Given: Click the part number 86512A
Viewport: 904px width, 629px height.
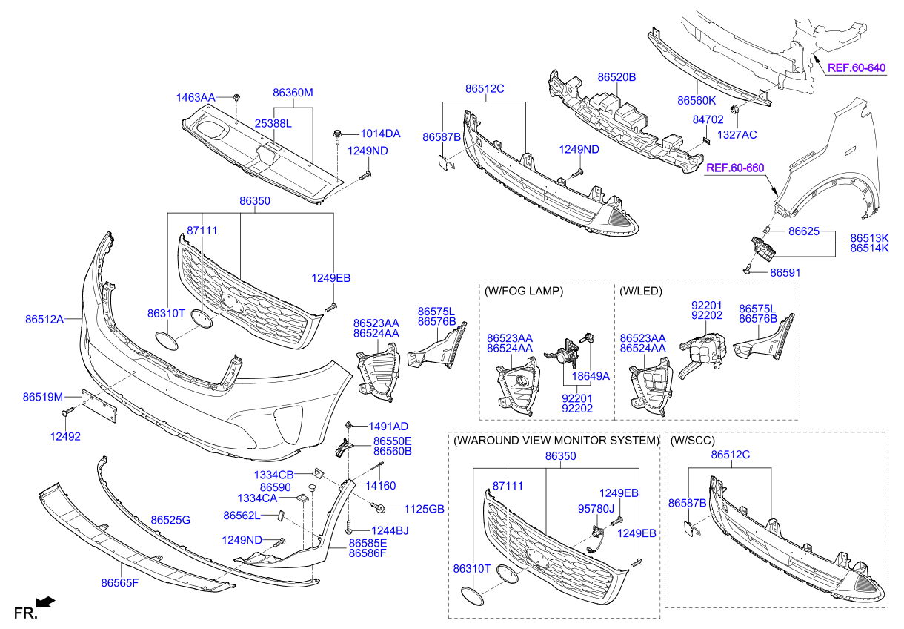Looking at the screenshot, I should (x=43, y=320).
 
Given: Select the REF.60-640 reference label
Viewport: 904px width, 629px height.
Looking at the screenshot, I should (x=857, y=68).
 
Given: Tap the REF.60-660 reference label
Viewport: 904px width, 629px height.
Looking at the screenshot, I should (x=734, y=168).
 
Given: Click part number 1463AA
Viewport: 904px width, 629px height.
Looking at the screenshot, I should (x=195, y=98).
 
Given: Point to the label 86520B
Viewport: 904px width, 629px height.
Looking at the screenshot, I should (x=616, y=77).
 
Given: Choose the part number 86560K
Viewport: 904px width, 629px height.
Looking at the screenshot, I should (x=697, y=100).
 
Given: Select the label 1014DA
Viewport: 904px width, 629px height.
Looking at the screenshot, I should (x=380, y=134).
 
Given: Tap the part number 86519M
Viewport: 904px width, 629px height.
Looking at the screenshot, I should (x=42, y=398).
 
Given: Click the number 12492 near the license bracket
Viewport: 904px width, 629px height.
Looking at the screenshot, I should (x=65, y=437).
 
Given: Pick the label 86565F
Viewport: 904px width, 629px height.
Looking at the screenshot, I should (x=120, y=583).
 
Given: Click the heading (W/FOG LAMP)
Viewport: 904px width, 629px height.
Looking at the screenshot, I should (x=523, y=292).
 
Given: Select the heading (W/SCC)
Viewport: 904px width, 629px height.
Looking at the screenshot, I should (x=692, y=441).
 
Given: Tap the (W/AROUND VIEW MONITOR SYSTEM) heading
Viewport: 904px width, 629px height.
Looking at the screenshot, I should (x=555, y=441).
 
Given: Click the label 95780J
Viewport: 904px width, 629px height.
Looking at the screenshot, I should (x=597, y=508).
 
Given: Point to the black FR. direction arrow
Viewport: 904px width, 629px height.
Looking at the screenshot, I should (x=47, y=602).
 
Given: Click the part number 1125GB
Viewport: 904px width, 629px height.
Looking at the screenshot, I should (x=424, y=509).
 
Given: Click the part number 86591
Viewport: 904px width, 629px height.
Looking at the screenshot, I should (x=785, y=273).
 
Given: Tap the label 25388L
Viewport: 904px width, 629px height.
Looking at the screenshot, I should (x=273, y=124).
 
